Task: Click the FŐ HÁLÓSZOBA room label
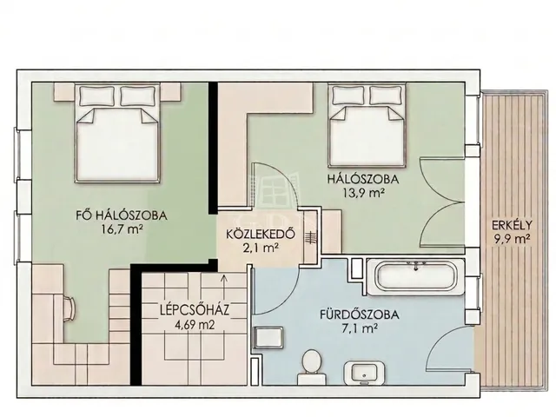[x=122, y=215]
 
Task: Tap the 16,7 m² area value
[x=122, y=229]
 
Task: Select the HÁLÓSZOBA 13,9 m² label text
[x=363, y=185]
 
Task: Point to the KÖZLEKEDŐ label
[x=261, y=235]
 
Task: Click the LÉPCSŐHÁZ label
[x=195, y=310]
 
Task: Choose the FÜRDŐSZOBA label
[x=360, y=314]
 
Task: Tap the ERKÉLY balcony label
[x=512, y=225]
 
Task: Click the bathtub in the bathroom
[x=415, y=277]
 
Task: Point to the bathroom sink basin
[x=364, y=373]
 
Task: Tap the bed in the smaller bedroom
[x=367, y=125]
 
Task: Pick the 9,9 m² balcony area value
[x=512, y=239]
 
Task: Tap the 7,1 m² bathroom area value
[x=359, y=329]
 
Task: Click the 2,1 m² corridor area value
[x=260, y=248]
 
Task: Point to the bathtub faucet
[x=415, y=265]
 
